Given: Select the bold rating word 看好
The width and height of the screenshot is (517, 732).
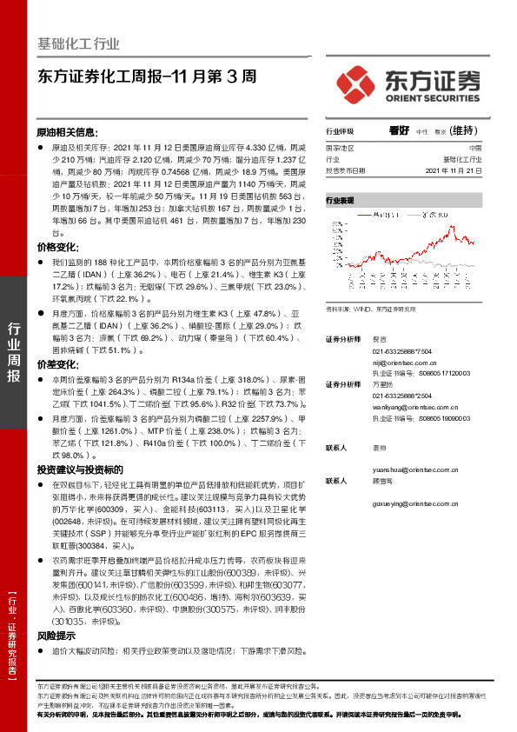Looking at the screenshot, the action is pyautogui.click(x=400, y=130).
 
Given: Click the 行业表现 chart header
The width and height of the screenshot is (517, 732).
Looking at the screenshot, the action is pyautogui.click(x=341, y=200).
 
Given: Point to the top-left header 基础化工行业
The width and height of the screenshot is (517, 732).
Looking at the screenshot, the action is pyautogui.click(x=79, y=44).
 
